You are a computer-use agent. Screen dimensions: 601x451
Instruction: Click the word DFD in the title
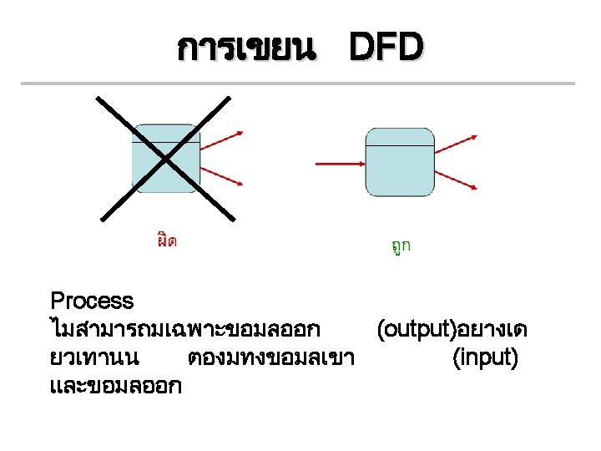(x=386, y=49)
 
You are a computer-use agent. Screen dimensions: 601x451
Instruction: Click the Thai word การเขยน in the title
(x=247, y=50)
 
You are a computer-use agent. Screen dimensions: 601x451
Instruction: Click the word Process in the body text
(x=92, y=301)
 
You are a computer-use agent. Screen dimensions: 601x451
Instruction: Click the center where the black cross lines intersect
(x=165, y=157)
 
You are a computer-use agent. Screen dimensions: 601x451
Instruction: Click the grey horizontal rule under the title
(x=297, y=84)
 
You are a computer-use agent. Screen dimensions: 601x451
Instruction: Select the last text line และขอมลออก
(x=116, y=387)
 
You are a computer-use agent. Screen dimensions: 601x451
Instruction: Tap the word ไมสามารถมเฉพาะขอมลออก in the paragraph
(x=185, y=330)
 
